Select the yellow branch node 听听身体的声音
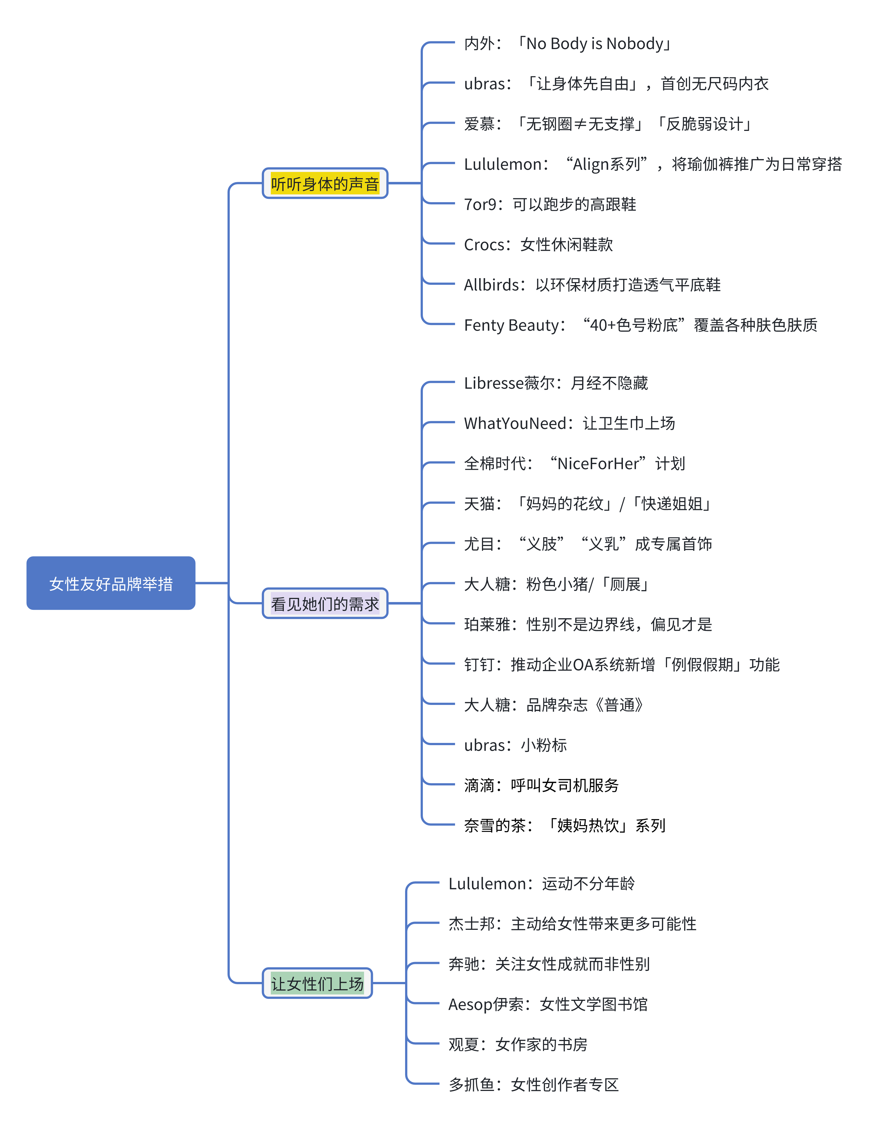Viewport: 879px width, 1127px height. pyautogui.click(x=325, y=183)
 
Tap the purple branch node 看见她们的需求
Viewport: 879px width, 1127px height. pyautogui.click(x=325, y=603)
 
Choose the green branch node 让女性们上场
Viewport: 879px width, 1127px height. pyautogui.click(x=317, y=983)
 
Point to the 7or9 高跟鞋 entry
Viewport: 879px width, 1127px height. pyautogui.click(x=549, y=204)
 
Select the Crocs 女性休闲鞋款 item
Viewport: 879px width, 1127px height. pyautogui.click(x=538, y=245)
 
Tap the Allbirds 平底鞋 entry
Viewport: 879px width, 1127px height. pyautogui.click(x=592, y=285)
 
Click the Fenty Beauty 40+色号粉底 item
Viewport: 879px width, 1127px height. pyautogui.click(x=640, y=325)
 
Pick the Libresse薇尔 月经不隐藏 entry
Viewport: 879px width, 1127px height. pyautogui.click(x=556, y=383)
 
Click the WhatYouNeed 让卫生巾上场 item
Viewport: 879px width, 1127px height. pyautogui.click(x=569, y=423)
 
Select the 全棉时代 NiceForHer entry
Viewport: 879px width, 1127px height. pyautogui.click(x=574, y=463)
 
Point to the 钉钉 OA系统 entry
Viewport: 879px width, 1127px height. pyautogui.click(x=621, y=665)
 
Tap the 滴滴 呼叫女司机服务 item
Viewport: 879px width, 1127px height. pyautogui.click(x=541, y=785)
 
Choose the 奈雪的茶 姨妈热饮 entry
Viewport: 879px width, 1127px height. pyautogui.click(x=564, y=826)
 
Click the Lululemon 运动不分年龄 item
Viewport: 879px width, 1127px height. pyautogui.click(x=541, y=884)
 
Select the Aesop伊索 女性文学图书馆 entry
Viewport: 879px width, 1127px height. pyautogui.click(x=547, y=1004)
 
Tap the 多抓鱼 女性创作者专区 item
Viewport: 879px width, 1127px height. pyautogui.click(x=533, y=1085)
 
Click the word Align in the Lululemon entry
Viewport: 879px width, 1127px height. pyautogui.click(x=591, y=164)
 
